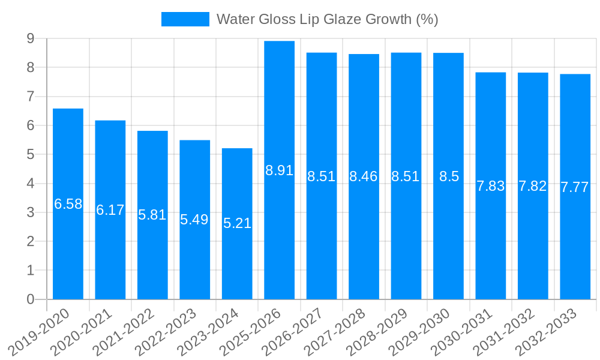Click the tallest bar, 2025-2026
tap(280, 240)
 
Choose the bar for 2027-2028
tap(364, 240)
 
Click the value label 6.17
tap(110, 210)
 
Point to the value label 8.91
tap(280, 170)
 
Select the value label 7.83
tap(491, 186)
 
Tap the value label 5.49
tap(194, 220)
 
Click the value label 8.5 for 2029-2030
tap(449, 176)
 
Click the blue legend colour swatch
tap(185, 19)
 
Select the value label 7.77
tap(575, 187)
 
